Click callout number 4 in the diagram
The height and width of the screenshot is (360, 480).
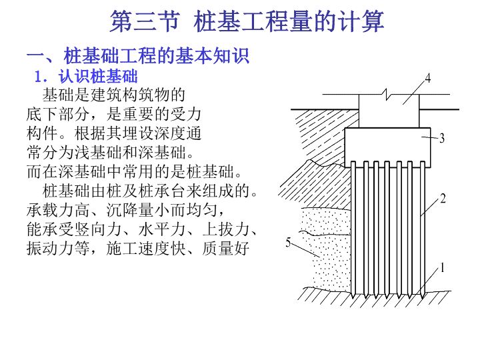(x=427, y=79)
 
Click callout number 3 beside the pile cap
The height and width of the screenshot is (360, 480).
(x=442, y=139)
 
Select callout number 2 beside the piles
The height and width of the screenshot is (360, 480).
(x=443, y=199)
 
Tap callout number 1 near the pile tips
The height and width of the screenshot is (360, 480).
(x=442, y=267)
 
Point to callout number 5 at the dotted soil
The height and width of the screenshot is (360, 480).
(x=288, y=242)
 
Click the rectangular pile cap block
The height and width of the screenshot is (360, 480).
(x=387, y=147)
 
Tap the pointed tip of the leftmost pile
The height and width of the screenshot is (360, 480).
(x=353, y=298)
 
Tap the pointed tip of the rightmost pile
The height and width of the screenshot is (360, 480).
(x=423, y=298)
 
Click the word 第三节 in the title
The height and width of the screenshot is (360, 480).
(x=145, y=21)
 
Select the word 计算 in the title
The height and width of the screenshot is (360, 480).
(x=361, y=21)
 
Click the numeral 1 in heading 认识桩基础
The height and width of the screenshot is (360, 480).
(x=38, y=76)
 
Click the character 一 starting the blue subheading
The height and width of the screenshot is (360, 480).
(x=36, y=56)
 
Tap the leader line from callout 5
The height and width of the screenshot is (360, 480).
(x=305, y=250)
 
